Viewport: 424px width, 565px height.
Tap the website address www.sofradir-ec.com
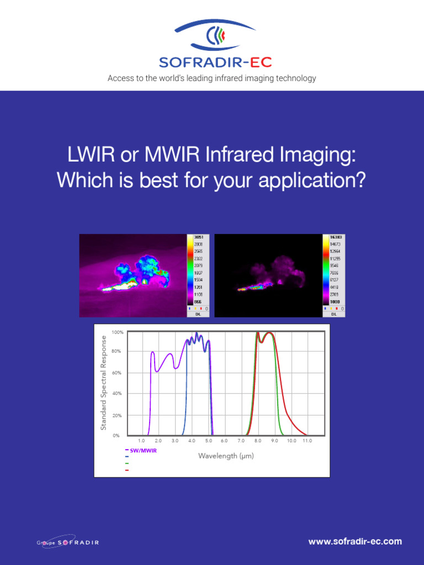[355, 542]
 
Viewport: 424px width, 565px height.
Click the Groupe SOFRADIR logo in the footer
[68, 542]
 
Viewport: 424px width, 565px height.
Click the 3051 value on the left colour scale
[199, 237]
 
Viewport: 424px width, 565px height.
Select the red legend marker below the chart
[127, 470]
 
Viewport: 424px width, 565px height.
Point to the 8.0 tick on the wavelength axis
[258, 441]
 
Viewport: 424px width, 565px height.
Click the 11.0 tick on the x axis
[307, 441]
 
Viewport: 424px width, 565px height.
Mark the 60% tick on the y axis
[117, 373]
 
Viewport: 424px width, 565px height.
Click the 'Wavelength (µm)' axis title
[226, 456]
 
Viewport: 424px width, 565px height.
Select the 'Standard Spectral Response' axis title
[103, 382]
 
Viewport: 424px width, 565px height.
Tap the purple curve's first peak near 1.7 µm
[153, 352]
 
